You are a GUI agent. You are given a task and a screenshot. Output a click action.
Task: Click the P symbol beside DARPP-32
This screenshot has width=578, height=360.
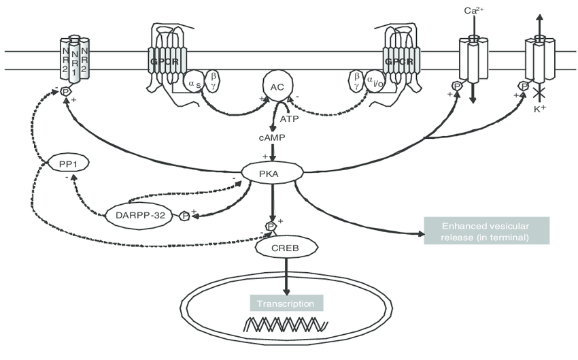tap(184, 216)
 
